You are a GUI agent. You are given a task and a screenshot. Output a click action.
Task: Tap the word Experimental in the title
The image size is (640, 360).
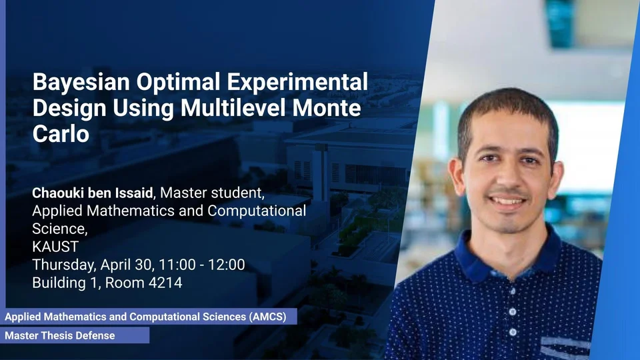coord(297,83)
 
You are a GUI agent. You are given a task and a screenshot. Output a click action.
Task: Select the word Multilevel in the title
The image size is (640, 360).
coord(233,108)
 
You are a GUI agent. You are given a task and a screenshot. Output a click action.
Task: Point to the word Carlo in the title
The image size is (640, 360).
coord(61,134)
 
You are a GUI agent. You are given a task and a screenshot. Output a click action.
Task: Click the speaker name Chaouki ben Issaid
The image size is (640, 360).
coord(93,193)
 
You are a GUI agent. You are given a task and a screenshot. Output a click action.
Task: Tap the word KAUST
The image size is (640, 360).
coord(55,247)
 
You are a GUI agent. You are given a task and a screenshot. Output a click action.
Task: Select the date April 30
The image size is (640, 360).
coord(126,265)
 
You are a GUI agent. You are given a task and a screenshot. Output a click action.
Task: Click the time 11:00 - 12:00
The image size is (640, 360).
coord(201,265)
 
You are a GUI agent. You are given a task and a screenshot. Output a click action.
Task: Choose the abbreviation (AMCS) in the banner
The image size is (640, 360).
coord(267,317)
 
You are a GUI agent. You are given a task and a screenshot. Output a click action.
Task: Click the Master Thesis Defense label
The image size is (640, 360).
coord(60,335)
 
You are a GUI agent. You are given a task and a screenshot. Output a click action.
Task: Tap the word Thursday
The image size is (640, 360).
coord(65,265)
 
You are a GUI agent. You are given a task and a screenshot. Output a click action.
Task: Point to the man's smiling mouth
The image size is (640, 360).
coord(507,201)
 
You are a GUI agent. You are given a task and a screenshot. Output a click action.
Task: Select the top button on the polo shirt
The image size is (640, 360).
coord(512,291)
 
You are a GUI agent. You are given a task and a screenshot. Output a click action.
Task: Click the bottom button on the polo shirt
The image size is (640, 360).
coord(513,333)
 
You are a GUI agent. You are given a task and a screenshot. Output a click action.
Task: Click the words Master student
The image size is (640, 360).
coord(212,193)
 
